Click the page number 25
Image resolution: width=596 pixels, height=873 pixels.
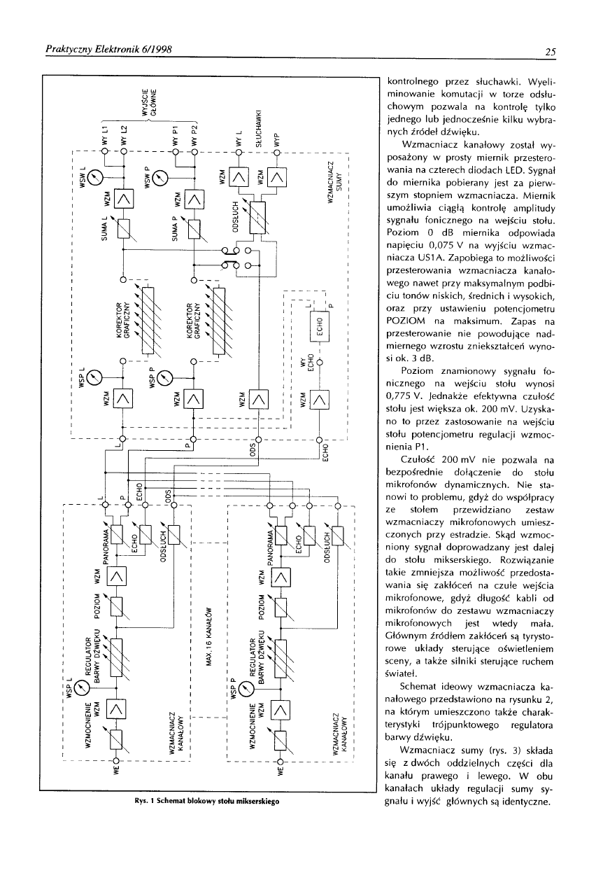[551, 51]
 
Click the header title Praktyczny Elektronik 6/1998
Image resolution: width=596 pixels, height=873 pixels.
[108, 50]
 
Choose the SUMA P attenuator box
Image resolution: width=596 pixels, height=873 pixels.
[192, 228]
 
